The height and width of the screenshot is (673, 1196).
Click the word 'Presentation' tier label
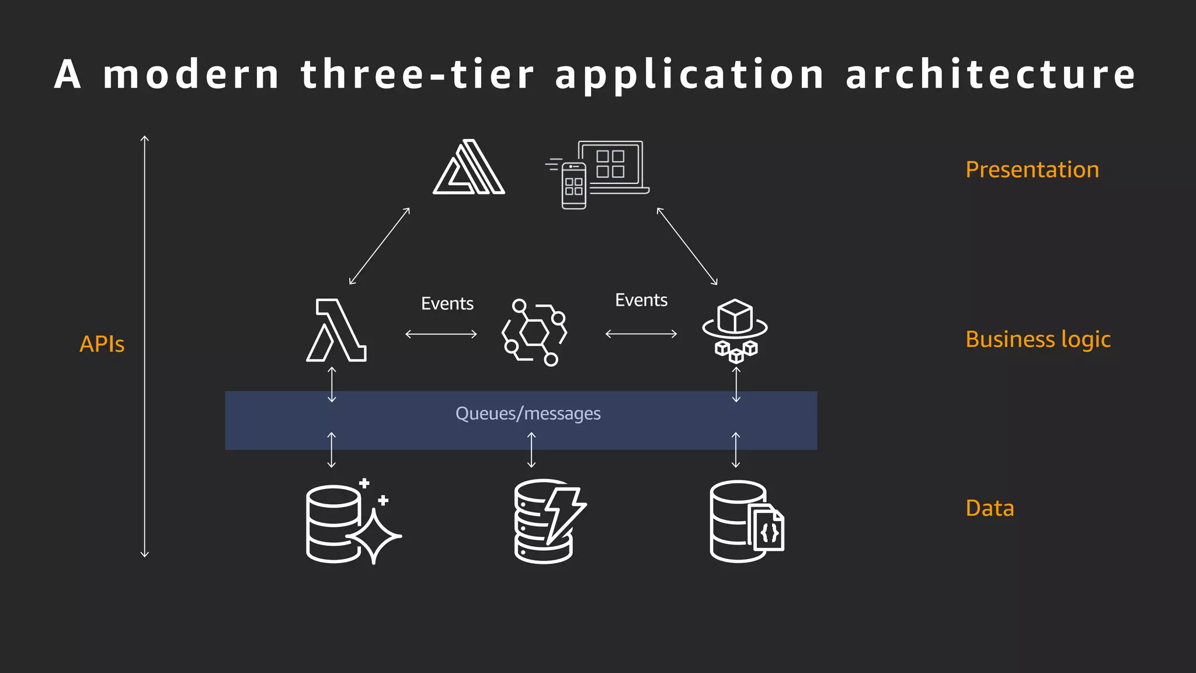1032,169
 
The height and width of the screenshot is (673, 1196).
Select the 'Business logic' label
1038,339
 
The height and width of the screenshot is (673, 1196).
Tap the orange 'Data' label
989,508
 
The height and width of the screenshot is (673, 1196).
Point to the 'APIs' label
102,344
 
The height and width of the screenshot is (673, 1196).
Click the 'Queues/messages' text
528,414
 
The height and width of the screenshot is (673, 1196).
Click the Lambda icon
336,331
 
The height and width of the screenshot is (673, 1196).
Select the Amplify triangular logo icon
469,167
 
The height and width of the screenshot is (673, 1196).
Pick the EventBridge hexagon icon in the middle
534,332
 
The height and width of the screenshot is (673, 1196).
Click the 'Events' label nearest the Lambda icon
447,304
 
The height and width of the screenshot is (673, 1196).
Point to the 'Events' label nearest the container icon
641,300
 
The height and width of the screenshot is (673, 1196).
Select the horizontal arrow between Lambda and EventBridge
441,334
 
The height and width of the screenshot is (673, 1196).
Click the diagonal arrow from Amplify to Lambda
380,246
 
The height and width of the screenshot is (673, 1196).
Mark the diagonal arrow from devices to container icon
687,246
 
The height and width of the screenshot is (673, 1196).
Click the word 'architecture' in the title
990,74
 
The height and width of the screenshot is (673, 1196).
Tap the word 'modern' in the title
192,74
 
